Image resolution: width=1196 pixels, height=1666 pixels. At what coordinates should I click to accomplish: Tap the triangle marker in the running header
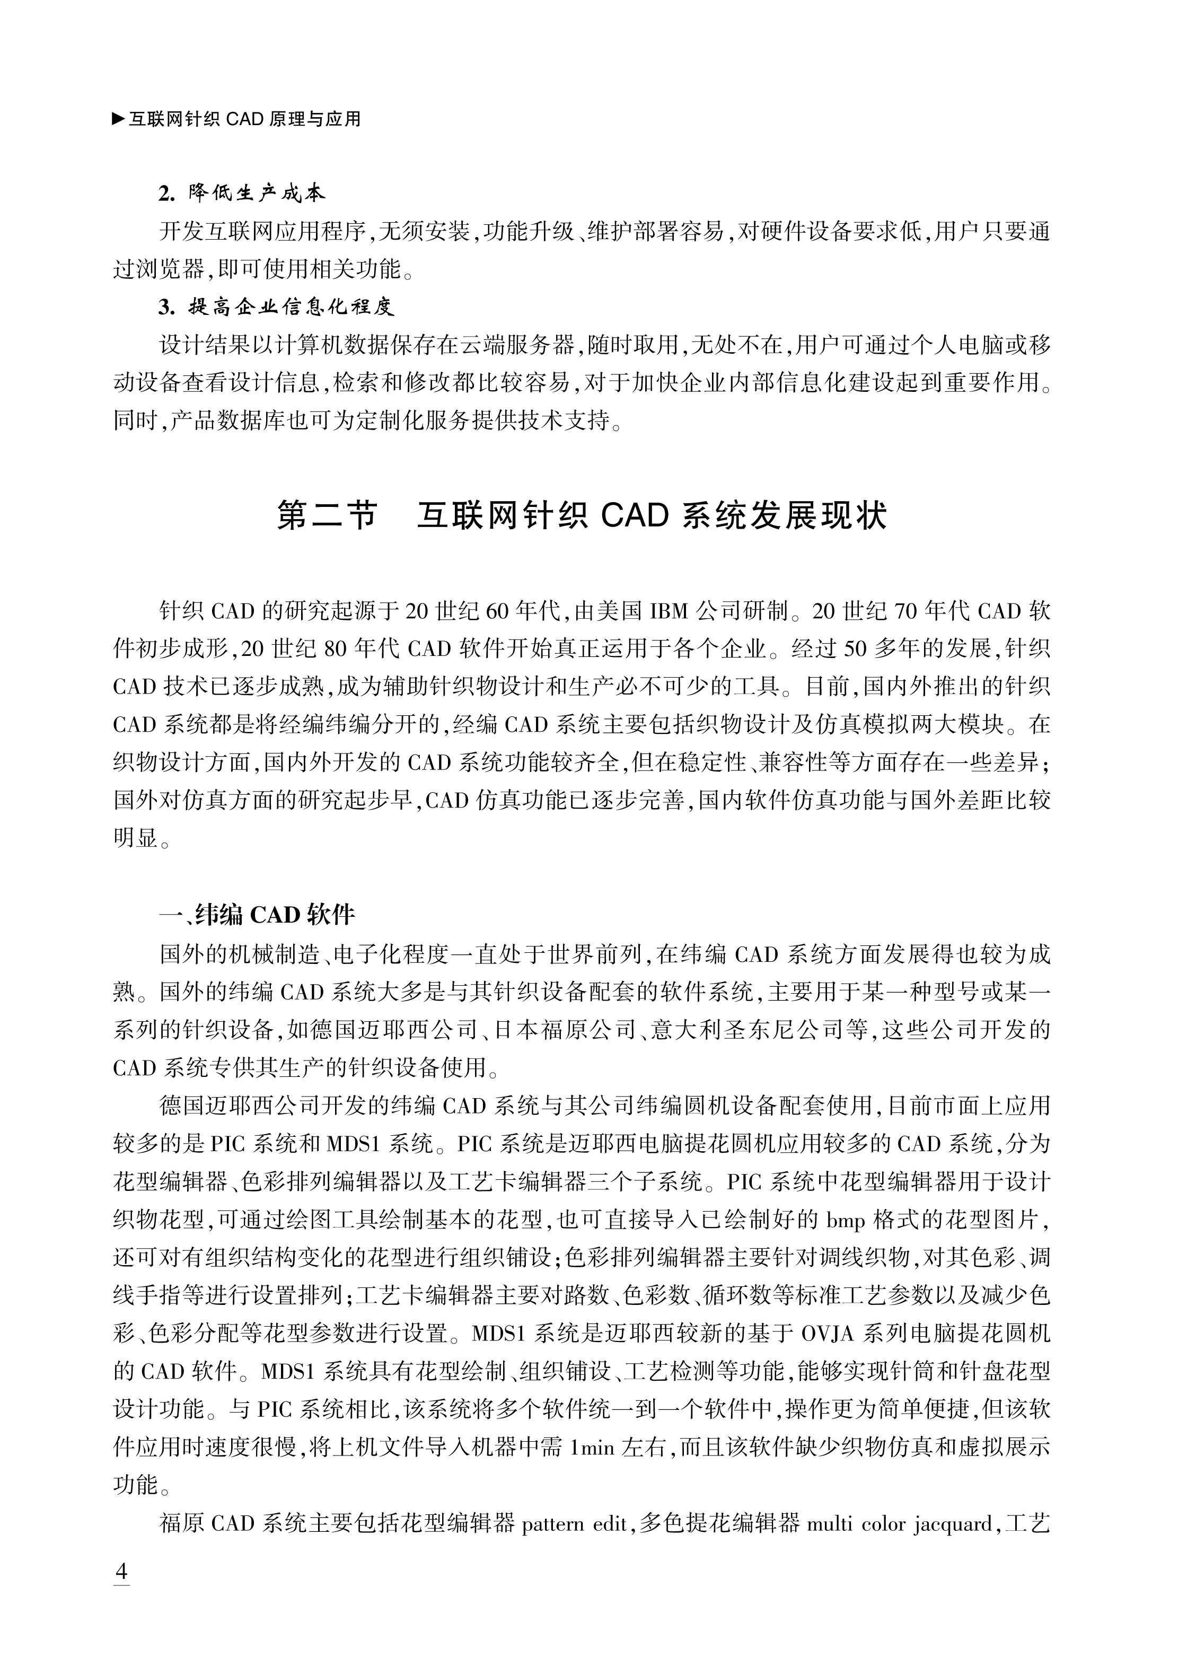[118, 118]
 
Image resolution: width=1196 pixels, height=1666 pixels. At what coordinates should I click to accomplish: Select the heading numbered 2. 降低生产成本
[242, 193]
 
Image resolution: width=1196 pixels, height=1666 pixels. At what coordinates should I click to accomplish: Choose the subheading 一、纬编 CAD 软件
[257, 915]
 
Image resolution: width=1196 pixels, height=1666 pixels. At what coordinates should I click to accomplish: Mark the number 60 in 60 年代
[497, 610]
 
